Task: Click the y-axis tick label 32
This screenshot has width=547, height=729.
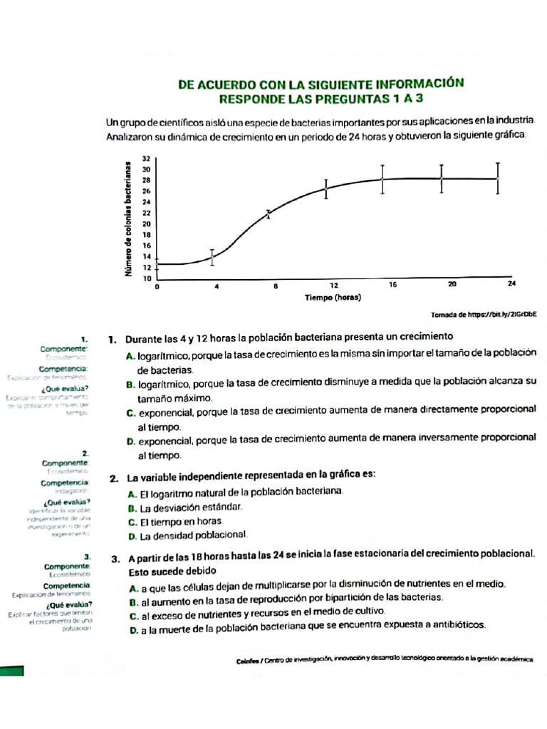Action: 146,158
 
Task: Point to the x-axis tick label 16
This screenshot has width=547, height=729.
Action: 392,285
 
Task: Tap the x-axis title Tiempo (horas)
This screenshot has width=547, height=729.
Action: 333,297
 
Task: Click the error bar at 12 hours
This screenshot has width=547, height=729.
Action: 326,189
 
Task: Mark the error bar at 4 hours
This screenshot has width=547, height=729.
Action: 212,257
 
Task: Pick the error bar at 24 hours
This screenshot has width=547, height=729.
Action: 498,178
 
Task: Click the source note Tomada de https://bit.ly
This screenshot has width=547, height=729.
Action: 484,314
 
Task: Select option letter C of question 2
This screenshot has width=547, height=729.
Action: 132,522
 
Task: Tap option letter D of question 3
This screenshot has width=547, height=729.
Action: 133,630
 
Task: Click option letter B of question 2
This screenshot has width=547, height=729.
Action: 132,508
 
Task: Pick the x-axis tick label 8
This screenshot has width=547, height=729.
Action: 275,285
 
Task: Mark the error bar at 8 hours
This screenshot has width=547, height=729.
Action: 269,214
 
